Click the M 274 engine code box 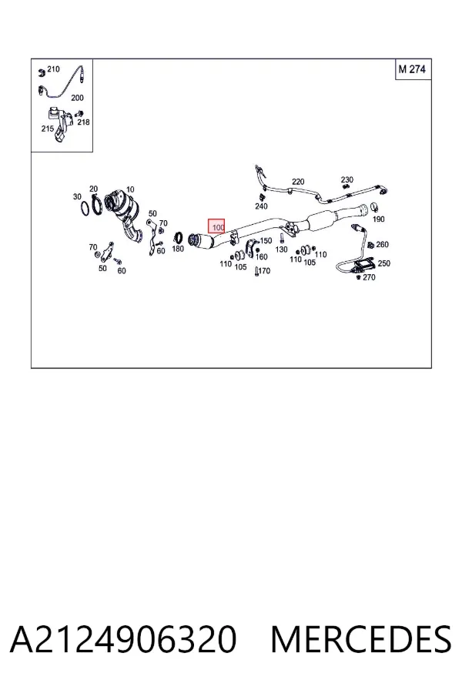[x=413, y=69]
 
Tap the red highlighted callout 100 [x=216, y=226]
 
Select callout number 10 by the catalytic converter [x=130, y=189]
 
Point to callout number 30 [x=77, y=196]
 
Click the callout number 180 [x=178, y=249]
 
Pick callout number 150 [x=266, y=241]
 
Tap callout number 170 [x=264, y=270]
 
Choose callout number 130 [x=281, y=249]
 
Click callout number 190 [x=378, y=219]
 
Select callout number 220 [x=298, y=182]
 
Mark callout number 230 [x=347, y=179]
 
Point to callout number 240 [x=261, y=206]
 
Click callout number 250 [x=383, y=263]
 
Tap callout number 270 [x=369, y=277]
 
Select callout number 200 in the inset [x=77, y=98]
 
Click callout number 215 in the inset [x=47, y=129]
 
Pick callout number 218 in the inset [x=83, y=122]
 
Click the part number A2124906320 [x=123, y=640]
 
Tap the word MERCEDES [x=361, y=640]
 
